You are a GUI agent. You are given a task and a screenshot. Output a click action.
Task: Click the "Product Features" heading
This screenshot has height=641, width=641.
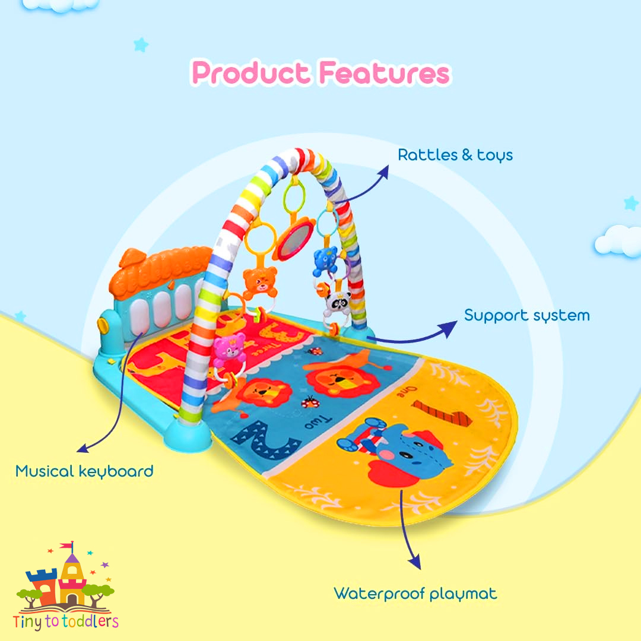[x=321, y=73]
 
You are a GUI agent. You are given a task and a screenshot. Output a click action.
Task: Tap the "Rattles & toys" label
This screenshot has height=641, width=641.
[x=455, y=155]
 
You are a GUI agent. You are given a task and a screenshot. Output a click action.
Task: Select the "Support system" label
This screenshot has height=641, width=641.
[x=526, y=316]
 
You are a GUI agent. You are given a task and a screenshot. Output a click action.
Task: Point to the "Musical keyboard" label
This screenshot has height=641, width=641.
[x=84, y=471]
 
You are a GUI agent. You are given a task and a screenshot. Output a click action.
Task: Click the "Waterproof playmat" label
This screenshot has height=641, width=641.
[x=415, y=594]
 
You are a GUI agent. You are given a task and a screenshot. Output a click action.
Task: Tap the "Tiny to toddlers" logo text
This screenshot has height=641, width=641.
[x=65, y=621]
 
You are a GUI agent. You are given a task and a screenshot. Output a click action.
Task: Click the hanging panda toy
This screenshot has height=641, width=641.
[x=338, y=303]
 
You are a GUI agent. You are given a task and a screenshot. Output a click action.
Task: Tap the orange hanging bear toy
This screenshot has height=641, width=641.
[x=259, y=283]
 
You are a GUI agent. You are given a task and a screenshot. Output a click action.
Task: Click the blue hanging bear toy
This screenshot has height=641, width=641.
[x=326, y=260]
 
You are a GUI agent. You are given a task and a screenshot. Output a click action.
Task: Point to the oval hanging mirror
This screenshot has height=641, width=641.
[x=294, y=240]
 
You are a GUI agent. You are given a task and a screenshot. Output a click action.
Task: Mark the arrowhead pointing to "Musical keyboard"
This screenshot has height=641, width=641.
[x=83, y=448]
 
